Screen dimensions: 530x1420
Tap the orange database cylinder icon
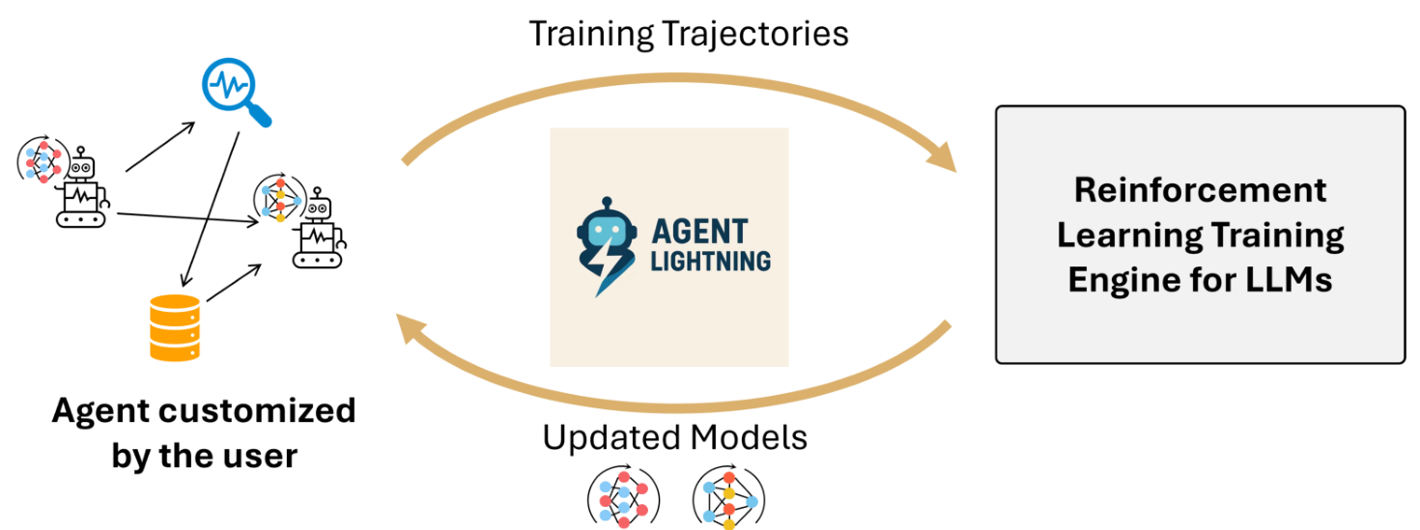coord(175,327)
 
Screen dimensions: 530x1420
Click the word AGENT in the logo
coord(700,233)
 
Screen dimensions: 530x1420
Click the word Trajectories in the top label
coord(756,34)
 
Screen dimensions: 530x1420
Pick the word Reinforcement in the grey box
coord(1201,190)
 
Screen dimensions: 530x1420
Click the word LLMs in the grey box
coord(1279,280)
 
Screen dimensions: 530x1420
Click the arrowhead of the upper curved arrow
coord(942,158)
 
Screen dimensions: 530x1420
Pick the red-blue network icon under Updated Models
coord(623,494)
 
